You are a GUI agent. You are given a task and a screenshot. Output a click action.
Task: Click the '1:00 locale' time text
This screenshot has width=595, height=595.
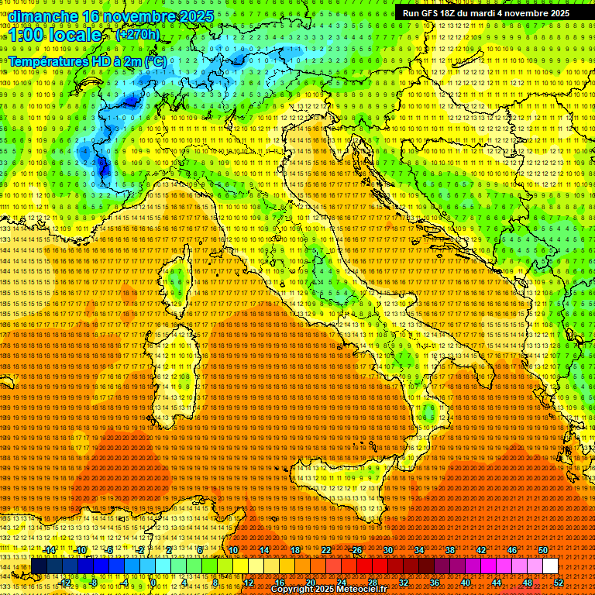click(55, 35)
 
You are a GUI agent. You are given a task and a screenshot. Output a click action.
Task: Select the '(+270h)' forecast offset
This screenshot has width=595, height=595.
click(138, 34)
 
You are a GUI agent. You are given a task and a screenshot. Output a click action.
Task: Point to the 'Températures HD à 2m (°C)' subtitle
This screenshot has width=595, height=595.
click(86, 60)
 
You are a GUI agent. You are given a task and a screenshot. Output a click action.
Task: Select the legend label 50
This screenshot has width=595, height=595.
click(543, 549)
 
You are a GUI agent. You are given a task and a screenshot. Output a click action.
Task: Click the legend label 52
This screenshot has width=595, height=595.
click(558, 582)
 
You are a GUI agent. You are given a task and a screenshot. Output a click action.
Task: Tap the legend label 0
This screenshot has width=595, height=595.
click(153, 582)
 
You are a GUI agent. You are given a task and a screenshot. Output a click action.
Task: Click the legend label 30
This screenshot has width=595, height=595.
click(388, 549)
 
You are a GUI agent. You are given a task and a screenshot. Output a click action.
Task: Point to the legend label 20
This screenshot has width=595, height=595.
click(310, 582)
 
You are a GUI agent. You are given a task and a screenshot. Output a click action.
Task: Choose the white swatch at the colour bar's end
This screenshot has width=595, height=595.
click(550, 566)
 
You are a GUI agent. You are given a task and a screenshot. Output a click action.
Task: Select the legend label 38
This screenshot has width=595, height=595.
click(450, 549)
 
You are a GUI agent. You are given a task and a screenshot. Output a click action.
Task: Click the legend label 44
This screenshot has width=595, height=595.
click(496, 582)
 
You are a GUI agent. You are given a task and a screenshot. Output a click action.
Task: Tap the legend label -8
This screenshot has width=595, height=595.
click(93, 582)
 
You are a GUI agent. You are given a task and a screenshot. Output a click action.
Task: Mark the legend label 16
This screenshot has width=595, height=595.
click(279, 582)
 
